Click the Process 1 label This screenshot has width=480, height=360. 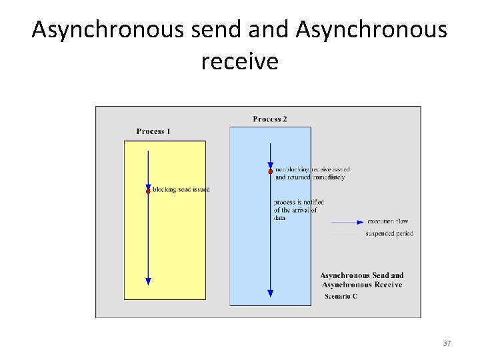[x=153, y=131]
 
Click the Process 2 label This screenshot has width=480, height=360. [x=270, y=119]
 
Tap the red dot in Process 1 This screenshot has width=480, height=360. [x=149, y=191]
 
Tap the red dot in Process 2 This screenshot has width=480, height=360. [x=270, y=172]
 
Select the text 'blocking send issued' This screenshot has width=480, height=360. [x=181, y=190]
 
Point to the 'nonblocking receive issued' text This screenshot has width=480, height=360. [x=312, y=170]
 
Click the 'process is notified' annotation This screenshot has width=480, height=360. [x=298, y=202]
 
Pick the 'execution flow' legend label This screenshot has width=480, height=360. [x=388, y=221]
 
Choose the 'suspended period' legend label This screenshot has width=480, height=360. [x=389, y=234]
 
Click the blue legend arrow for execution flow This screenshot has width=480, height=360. [x=347, y=222]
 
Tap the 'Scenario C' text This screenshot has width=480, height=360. [x=341, y=297]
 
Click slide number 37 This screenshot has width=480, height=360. [x=447, y=343]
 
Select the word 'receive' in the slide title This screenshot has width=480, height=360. [x=239, y=62]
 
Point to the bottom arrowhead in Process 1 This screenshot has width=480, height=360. [x=149, y=281]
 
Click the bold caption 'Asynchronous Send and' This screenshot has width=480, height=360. [x=362, y=275]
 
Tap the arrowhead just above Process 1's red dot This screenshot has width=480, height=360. [x=149, y=185]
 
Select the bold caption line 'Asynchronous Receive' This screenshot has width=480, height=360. [x=362, y=285]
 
